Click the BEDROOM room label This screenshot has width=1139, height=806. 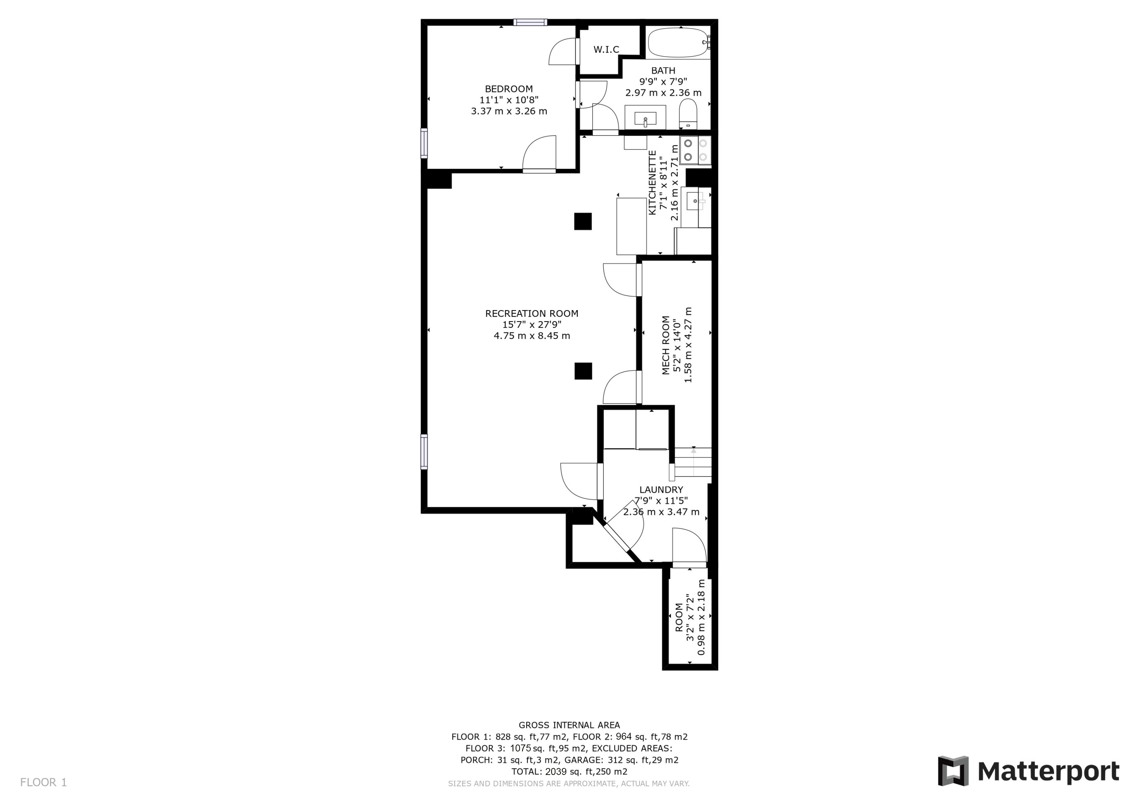[x=509, y=89]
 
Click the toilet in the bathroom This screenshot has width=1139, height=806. [x=688, y=114]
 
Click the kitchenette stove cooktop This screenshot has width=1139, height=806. [x=695, y=150]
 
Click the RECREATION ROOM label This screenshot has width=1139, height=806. [x=532, y=314]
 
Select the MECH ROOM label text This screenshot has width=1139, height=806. [x=666, y=345]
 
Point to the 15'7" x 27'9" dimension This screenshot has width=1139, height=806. [x=532, y=325]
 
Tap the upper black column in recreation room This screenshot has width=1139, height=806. [x=583, y=221]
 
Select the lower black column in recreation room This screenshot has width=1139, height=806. [x=583, y=371]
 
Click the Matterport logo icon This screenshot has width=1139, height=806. [x=953, y=771]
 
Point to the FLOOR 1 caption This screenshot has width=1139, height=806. [x=43, y=783]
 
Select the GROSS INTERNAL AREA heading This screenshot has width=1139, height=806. [x=569, y=725]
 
